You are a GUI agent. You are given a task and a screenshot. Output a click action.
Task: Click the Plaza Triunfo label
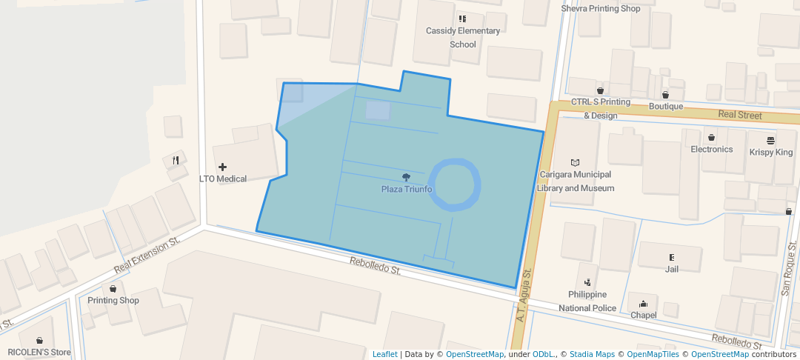(x=406, y=189)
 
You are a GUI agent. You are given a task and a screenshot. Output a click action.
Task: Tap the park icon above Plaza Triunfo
(x=406, y=177)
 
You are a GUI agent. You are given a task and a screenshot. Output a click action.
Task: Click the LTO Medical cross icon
(x=222, y=167)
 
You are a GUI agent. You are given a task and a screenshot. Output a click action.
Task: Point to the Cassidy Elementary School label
(x=463, y=37)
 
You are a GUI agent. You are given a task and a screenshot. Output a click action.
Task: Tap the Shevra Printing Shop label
(x=600, y=9)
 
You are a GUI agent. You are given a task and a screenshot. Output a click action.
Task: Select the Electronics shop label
(x=711, y=149)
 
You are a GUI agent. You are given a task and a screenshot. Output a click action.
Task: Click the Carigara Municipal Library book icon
(x=576, y=162)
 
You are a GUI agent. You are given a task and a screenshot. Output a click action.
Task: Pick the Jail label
(x=671, y=269)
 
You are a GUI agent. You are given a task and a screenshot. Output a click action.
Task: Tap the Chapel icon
(x=643, y=303)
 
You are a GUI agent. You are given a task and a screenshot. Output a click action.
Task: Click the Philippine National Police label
(x=587, y=301)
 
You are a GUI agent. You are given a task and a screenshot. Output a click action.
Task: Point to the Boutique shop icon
(x=665, y=94)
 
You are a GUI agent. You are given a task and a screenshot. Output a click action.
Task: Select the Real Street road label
(x=739, y=115)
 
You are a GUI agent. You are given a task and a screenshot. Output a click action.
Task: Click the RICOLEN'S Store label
(x=39, y=352)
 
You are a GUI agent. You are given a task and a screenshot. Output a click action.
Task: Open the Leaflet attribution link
(x=384, y=354)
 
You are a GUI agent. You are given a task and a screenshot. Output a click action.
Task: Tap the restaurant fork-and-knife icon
(x=176, y=160)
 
